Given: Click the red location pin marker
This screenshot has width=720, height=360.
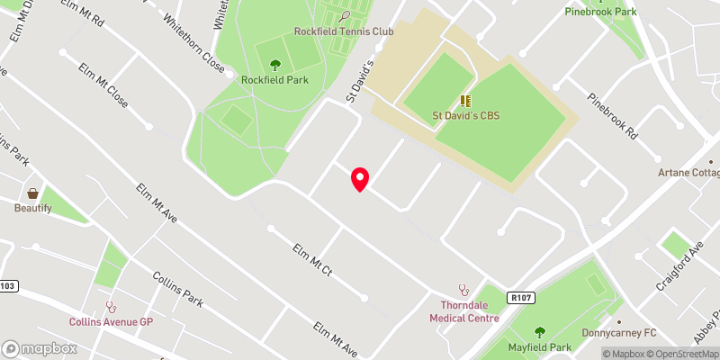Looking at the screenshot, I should click(360, 178).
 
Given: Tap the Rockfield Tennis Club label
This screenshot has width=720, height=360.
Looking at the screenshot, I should click(344, 31).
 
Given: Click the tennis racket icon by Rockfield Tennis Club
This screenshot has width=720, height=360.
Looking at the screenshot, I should click(346, 15).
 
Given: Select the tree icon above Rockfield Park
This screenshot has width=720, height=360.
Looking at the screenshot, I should click(275, 64).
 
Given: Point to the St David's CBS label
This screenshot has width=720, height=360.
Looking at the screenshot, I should click(465, 115).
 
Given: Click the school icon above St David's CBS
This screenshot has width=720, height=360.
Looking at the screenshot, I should click(465, 101).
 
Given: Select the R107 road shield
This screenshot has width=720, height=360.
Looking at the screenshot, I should click(520, 296).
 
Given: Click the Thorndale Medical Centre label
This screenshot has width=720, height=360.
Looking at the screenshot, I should click(464, 310).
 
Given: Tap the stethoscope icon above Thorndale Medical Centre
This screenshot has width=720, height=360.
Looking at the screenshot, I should click(464, 290).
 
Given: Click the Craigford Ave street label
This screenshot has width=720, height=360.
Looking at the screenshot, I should click(679, 265).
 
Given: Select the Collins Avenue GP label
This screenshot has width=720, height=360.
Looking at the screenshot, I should click(111, 321).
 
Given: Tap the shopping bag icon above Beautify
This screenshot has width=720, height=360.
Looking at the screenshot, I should click(33, 193).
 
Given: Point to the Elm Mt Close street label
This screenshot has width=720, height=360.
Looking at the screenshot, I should click(103, 86).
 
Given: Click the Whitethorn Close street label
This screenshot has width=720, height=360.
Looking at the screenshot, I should click(193, 42).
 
